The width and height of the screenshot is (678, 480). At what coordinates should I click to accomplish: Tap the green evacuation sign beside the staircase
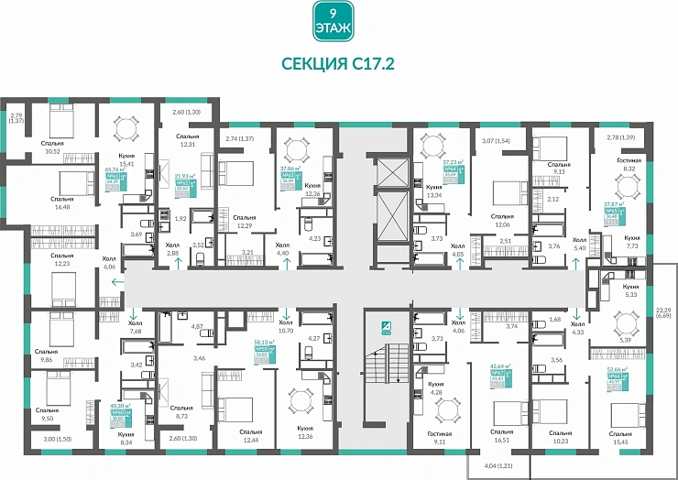[x=387, y=327]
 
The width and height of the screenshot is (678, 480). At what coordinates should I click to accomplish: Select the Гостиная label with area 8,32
[x=628, y=163]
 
